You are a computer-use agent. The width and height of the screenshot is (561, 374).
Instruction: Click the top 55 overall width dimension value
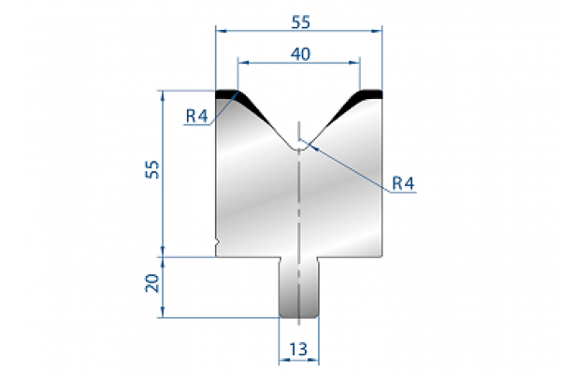pyautogui.click(x=299, y=16)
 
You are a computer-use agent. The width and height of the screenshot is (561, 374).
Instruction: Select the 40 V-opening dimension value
pyautogui.click(x=299, y=53)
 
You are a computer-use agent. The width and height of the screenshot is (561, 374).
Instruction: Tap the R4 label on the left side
pyautogui.click(x=195, y=117)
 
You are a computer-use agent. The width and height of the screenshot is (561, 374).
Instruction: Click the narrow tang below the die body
pyautogui.click(x=299, y=290)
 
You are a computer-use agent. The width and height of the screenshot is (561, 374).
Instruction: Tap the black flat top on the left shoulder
pyautogui.click(x=226, y=93)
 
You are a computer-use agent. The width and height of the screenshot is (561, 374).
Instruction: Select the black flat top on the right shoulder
pyautogui.click(x=371, y=93)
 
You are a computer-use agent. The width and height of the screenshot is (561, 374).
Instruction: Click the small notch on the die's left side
pyautogui.click(x=217, y=246)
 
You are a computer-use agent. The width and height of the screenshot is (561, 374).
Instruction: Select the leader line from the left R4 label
pyautogui.click(x=222, y=108)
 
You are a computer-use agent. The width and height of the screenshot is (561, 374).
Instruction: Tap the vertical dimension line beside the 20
pyautogui.click(x=164, y=285)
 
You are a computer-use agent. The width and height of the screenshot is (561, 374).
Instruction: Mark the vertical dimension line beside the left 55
pyautogui.click(x=164, y=173)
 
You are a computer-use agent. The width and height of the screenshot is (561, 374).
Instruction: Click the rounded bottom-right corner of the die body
pyautogui.click(x=380, y=252)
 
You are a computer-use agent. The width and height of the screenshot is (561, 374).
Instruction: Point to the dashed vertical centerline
pyautogui.click(x=299, y=215)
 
